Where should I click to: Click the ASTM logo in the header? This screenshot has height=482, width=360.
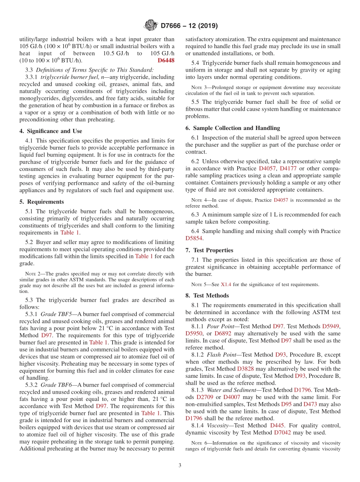[150, 26]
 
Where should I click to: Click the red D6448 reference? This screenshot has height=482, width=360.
[166, 61]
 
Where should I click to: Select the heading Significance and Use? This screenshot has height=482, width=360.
[50, 131]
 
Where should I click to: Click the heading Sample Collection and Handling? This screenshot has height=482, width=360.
[233, 128]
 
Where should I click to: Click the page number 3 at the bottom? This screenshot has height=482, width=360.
[180, 465]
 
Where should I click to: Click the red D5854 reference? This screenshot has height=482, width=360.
[195, 238]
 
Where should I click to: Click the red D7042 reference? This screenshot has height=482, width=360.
[282, 432]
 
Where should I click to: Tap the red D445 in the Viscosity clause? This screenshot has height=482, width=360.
[277, 426]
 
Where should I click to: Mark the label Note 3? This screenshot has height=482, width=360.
[197, 88]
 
